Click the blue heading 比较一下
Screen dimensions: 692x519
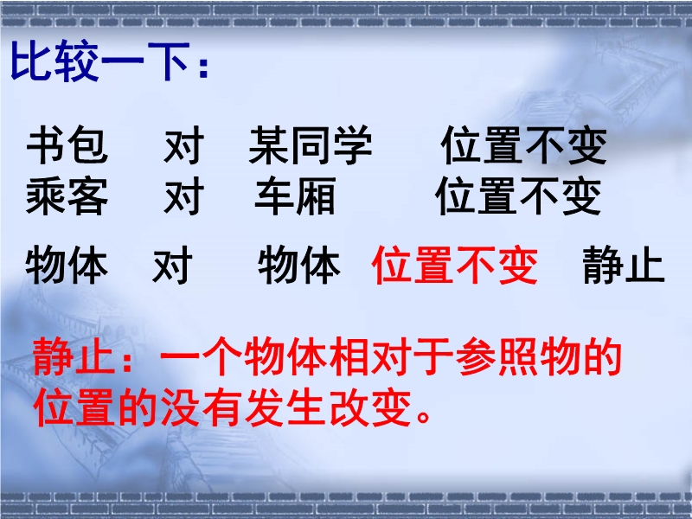pos(99,61)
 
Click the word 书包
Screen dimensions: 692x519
pos(67,144)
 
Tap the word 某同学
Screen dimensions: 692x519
pos(311,144)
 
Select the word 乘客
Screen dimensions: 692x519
pos(67,196)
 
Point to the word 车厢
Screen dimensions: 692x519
pos(295,196)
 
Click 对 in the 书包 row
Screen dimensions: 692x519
pos(183,144)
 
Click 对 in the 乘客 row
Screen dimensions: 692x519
pos(183,196)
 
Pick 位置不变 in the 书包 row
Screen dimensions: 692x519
pos(524,144)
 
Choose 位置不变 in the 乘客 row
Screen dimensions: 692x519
pos(518,196)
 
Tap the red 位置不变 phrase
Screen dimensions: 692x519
pos(455,265)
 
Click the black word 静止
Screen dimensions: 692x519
pos(624,265)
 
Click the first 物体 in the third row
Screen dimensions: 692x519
pos(67,265)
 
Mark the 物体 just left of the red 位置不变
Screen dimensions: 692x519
pos(299,265)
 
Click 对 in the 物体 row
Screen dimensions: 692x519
pos(172,265)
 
